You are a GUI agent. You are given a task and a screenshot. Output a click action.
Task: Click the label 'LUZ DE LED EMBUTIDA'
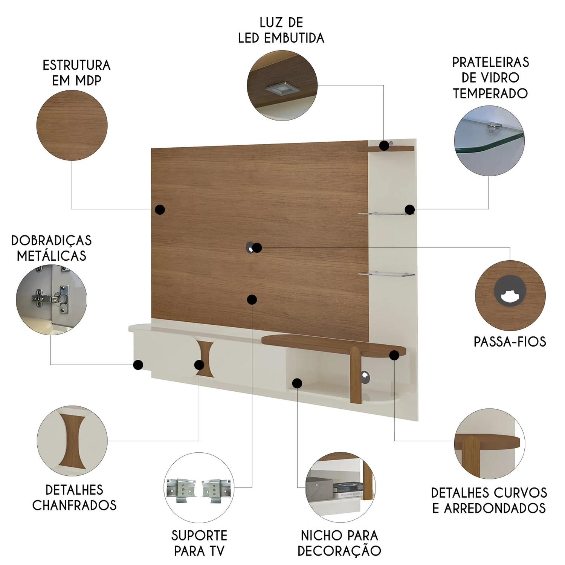pyautogui.click(x=281, y=30)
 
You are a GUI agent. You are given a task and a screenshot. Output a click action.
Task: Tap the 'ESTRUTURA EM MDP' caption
pyautogui.click(x=76, y=73)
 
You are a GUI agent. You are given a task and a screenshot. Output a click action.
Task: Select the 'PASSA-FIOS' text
pyautogui.click(x=510, y=342)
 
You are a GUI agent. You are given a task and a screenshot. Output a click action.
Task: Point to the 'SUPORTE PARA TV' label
pyautogui.click(x=199, y=543)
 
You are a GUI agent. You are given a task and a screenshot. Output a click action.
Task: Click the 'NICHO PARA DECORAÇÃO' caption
pyautogui.click(x=339, y=543)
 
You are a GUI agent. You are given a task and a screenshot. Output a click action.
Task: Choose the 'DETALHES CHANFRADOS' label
pyautogui.click(x=75, y=497)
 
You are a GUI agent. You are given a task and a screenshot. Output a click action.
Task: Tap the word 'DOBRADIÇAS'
pyautogui.click(x=52, y=240)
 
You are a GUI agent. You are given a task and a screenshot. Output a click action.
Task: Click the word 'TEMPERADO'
pyautogui.click(x=490, y=93)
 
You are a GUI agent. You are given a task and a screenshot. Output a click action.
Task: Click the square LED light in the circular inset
pyautogui.click(x=282, y=89)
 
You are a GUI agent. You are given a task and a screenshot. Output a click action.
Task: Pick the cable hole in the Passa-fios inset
pyautogui.click(x=510, y=290)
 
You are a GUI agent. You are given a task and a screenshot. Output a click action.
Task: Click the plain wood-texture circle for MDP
pyautogui.click(x=72, y=125)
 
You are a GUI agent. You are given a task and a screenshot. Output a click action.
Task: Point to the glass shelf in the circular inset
pyautogui.click(x=490, y=141)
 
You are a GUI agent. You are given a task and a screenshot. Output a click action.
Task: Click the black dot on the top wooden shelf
pyautogui.click(x=384, y=145)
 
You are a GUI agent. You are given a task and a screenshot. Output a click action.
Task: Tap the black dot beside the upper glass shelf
pyautogui.click(x=410, y=209)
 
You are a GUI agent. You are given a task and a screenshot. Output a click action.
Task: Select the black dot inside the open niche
pyautogui.click(x=297, y=383)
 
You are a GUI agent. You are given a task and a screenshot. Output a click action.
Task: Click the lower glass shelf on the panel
pyautogui.click(x=386, y=274)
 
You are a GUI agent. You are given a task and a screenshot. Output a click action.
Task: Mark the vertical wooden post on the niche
pyautogui.click(x=356, y=375)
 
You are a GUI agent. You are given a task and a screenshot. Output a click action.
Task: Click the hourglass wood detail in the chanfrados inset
pyautogui.click(x=72, y=441)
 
